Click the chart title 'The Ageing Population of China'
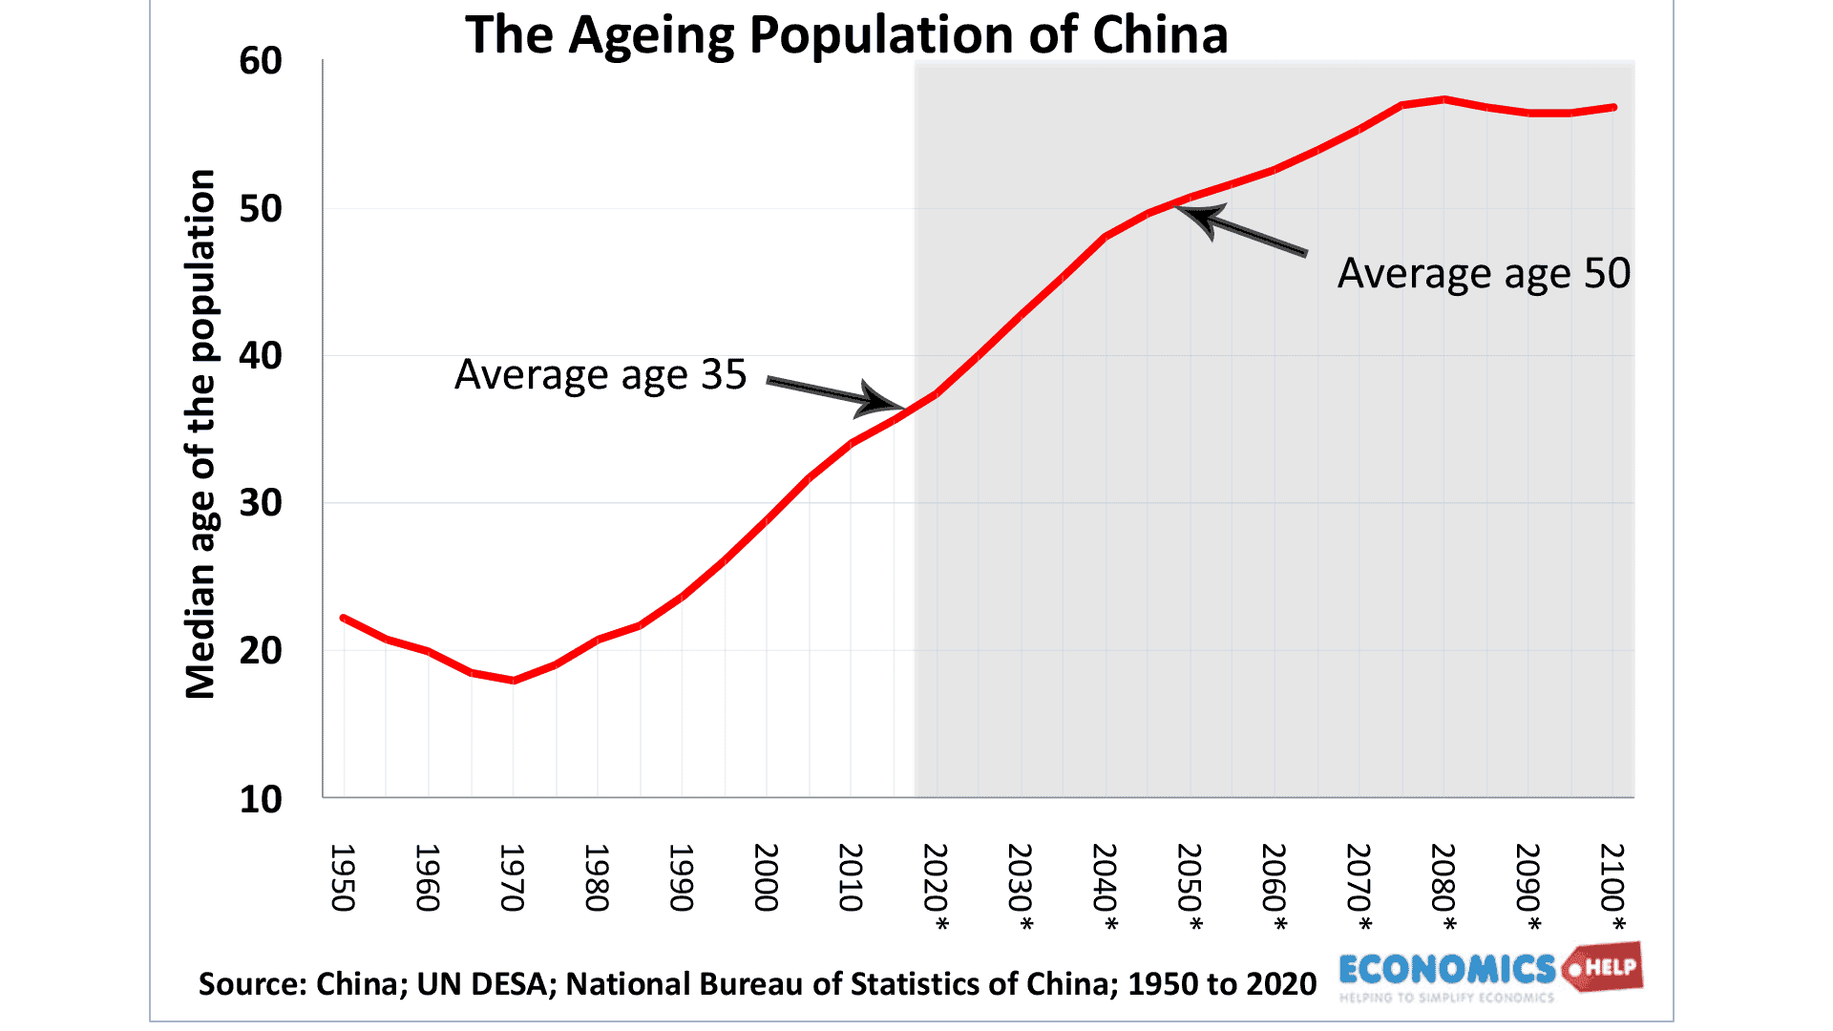pos(846,35)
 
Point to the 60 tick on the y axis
pos(261,61)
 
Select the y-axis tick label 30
pos(261,503)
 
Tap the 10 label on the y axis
pos(261,799)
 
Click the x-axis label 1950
pos(343,877)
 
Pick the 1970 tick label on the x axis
pos(513,877)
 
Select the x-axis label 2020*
pos(936,887)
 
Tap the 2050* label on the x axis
pos(1190,887)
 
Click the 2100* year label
pos(1612,887)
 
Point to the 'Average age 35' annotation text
pos(600,374)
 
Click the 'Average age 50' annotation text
pos(1484,274)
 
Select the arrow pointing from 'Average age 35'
pos(834,394)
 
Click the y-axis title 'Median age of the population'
pos(200,434)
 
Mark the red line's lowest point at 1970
pos(514,681)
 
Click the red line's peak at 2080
pos(1444,99)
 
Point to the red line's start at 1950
pos(344,618)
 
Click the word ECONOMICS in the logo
pos(1446,970)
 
